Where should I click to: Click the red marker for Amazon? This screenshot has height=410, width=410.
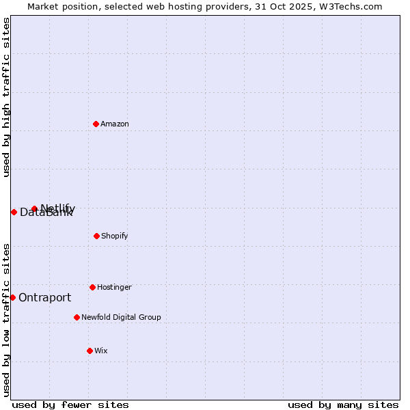pos(96,124)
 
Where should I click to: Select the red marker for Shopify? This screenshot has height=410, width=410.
pos(96,236)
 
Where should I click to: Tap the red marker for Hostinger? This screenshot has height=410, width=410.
pos(92,287)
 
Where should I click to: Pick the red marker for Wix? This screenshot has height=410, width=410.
pos(90,351)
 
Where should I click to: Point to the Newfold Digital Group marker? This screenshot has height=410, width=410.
pos(77,317)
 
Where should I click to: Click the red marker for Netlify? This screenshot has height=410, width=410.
pos(34,208)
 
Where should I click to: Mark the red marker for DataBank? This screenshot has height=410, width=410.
pos(14,212)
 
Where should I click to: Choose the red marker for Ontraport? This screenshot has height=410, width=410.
pos(12,297)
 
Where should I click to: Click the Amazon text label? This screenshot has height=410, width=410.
pos(115,124)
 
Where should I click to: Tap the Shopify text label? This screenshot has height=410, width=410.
pos(114,236)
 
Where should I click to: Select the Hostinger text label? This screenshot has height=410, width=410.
pos(114,288)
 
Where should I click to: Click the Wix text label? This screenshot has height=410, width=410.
pos(101,351)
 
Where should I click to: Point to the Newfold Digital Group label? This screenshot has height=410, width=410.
pos(121,318)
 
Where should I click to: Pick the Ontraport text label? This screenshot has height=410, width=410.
pos(44,298)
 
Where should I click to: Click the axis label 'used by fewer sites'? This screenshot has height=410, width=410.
pos(70,405)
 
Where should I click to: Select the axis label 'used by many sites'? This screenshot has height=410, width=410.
pos(343,405)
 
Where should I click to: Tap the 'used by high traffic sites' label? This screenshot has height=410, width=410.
pos(7,97)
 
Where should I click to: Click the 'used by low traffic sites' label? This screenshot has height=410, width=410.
pos(7,319)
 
